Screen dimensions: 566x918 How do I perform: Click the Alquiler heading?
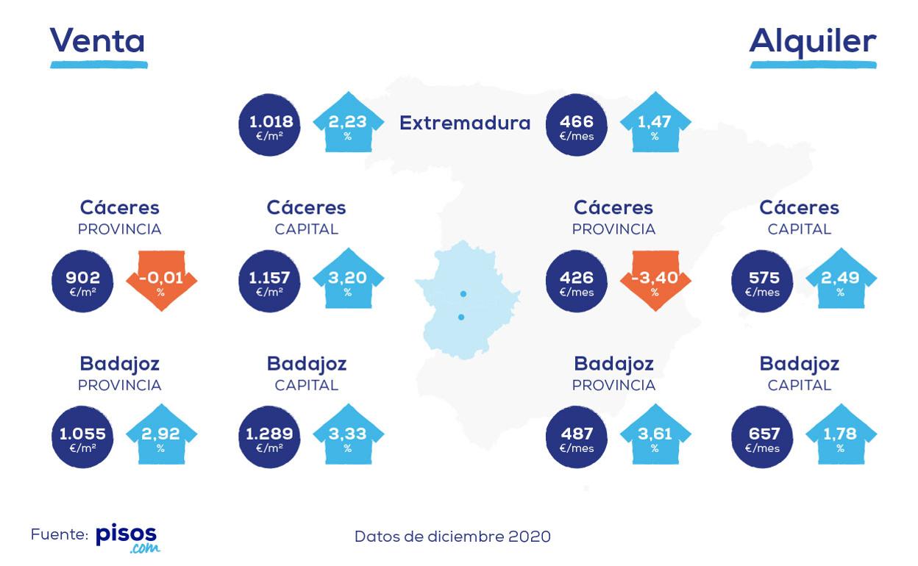pyautogui.click(x=813, y=42)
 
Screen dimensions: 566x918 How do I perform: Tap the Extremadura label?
pyautogui.click(x=465, y=123)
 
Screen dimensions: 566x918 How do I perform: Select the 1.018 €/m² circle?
pyautogui.click(x=270, y=125)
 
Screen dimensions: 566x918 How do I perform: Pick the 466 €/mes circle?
pyautogui.click(x=577, y=125)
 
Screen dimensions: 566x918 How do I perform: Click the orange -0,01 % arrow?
pyautogui.click(x=161, y=280)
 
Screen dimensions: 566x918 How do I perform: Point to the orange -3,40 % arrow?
pyautogui.click(x=655, y=280)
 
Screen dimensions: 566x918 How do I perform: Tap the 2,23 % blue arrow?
pyautogui.click(x=348, y=123)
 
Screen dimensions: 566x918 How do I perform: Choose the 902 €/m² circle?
pyautogui.click(x=83, y=281)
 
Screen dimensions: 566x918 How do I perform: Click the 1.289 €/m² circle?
pyautogui.click(x=270, y=437)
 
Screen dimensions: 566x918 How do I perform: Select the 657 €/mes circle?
pyautogui.click(x=762, y=437)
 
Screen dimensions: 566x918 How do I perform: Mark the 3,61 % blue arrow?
pyautogui.click(x=655, y=435)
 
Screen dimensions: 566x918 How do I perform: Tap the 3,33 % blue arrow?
pyautogui.click(x=348, y=435)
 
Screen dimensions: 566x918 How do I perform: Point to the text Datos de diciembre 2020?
pyautogui.click(x=452, y=537)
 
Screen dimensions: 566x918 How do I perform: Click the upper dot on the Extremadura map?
pyautogui.click(x=463, y=294)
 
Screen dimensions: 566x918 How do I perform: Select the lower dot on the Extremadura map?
pyautogui.click(x=461, y=318)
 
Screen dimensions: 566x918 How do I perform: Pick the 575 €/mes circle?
pyautogui.click(x=762, y=281)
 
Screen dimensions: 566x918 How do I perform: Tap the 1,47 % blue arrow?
pyautogui.click(x=655, y=123)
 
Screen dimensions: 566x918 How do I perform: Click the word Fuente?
pyautogui.click(x=59, y=535)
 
